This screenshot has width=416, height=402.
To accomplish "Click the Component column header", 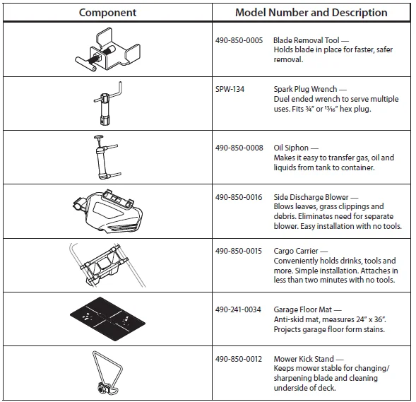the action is (107, 13).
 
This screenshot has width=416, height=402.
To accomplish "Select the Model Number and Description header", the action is (311, 13).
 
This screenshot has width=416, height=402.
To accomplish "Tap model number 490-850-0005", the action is (239, 40).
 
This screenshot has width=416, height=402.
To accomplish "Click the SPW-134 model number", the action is (230, 89).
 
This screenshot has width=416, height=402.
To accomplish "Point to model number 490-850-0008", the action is (239, 148).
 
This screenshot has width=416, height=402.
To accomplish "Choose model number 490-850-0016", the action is (239, 197).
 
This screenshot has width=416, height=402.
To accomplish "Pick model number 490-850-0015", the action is (239, 251).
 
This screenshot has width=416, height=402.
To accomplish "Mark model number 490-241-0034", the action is (238, 309).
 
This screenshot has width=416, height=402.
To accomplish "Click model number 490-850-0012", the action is (239, 359).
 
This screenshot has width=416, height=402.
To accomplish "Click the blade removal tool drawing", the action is (107, 50).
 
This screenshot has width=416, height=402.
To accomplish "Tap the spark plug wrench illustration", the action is (108, 103).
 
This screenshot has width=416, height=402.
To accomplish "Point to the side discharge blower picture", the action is (107, 211).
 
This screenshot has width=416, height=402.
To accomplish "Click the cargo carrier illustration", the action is (107, 265).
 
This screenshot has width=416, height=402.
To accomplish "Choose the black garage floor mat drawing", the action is (107, 319).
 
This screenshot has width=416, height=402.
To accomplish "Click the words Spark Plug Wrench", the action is (305, 89).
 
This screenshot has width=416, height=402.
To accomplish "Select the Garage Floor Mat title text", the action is (303, 309).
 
